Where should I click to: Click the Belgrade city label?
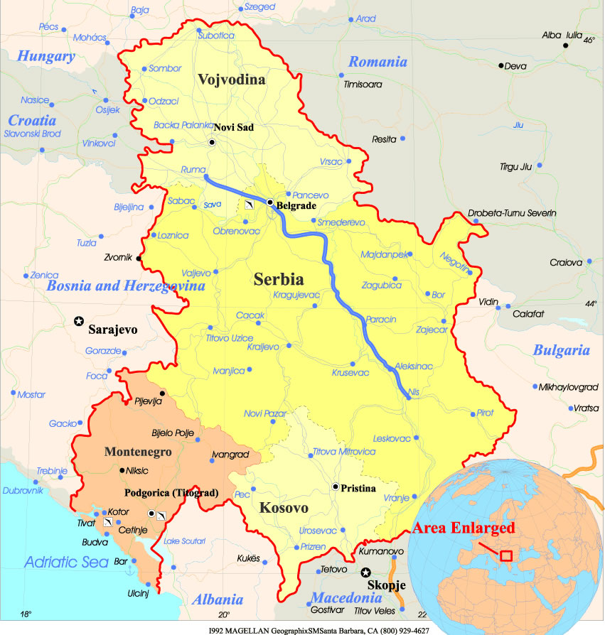[x=296, y=206]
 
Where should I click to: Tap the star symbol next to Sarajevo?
[x=78, y=322]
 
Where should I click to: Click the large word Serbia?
[x=279, y=279]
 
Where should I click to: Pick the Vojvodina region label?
[x=232, y=80]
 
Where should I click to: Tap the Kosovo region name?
[x=284, y=508]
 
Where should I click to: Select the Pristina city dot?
[x=335, y=487]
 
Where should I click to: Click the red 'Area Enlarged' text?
[x=463, y=528]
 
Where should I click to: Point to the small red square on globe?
[x=506, y=555]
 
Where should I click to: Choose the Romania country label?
[x=378, y=62]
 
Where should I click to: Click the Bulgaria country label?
[x=561, y=349]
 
